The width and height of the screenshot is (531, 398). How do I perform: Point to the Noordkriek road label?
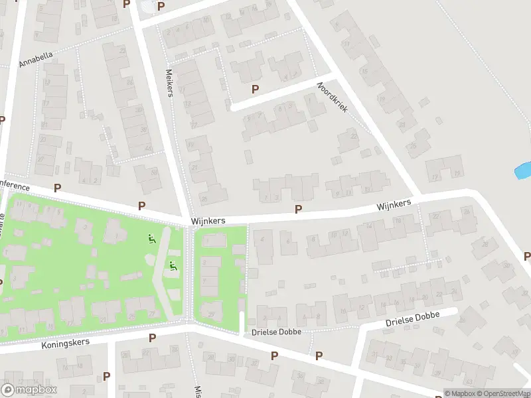333,97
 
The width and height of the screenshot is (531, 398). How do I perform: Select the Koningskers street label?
66,341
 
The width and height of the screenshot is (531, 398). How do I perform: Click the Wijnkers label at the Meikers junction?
208,220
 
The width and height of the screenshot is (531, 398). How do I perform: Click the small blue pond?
522,170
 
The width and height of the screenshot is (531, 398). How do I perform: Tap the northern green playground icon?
152,239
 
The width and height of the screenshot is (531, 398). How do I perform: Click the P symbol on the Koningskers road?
152,338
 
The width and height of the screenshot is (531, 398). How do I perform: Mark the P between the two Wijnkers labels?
298,209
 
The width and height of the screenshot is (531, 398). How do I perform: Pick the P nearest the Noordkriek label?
255,89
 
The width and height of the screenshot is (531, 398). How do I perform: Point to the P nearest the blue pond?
527,256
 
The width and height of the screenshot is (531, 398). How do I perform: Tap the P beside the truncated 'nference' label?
57,188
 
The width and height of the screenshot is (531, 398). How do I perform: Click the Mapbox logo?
29,390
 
